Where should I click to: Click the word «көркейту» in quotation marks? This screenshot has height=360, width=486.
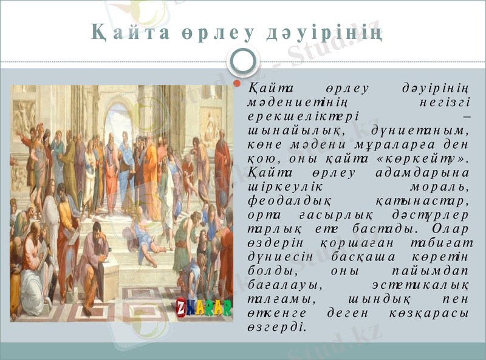click(x=428, y=159)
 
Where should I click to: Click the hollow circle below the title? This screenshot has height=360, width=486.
click(x=243, y=59)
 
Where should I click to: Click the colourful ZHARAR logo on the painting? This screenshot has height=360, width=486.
click(x=204, y=307)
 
